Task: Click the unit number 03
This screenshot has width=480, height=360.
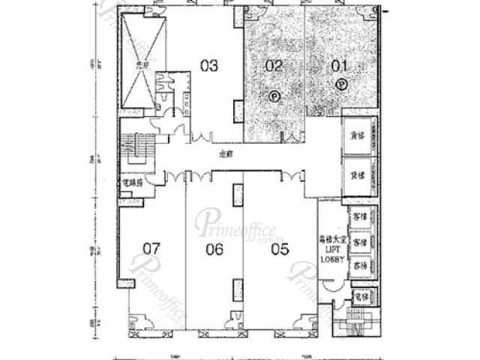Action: click(x=209, y=65)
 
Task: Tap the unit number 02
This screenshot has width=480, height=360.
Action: click(x=274, y=65)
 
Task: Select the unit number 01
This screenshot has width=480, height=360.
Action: click(x=340, y=65)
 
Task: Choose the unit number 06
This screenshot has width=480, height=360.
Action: click(x=214, y=250)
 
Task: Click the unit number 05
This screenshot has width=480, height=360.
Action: click(x=279, y=250)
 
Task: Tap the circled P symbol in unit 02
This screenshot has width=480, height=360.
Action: click(x=274, y=95)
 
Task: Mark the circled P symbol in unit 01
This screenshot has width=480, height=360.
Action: click(x=342, y=84)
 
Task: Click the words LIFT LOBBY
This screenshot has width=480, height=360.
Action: click(x=331, y=255)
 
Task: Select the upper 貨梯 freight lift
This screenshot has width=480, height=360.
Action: click(x=358, y=137)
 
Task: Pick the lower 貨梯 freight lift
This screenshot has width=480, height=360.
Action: click(x=358, y=172)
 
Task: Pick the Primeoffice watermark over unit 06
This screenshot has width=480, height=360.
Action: click(x=237, y=223)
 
